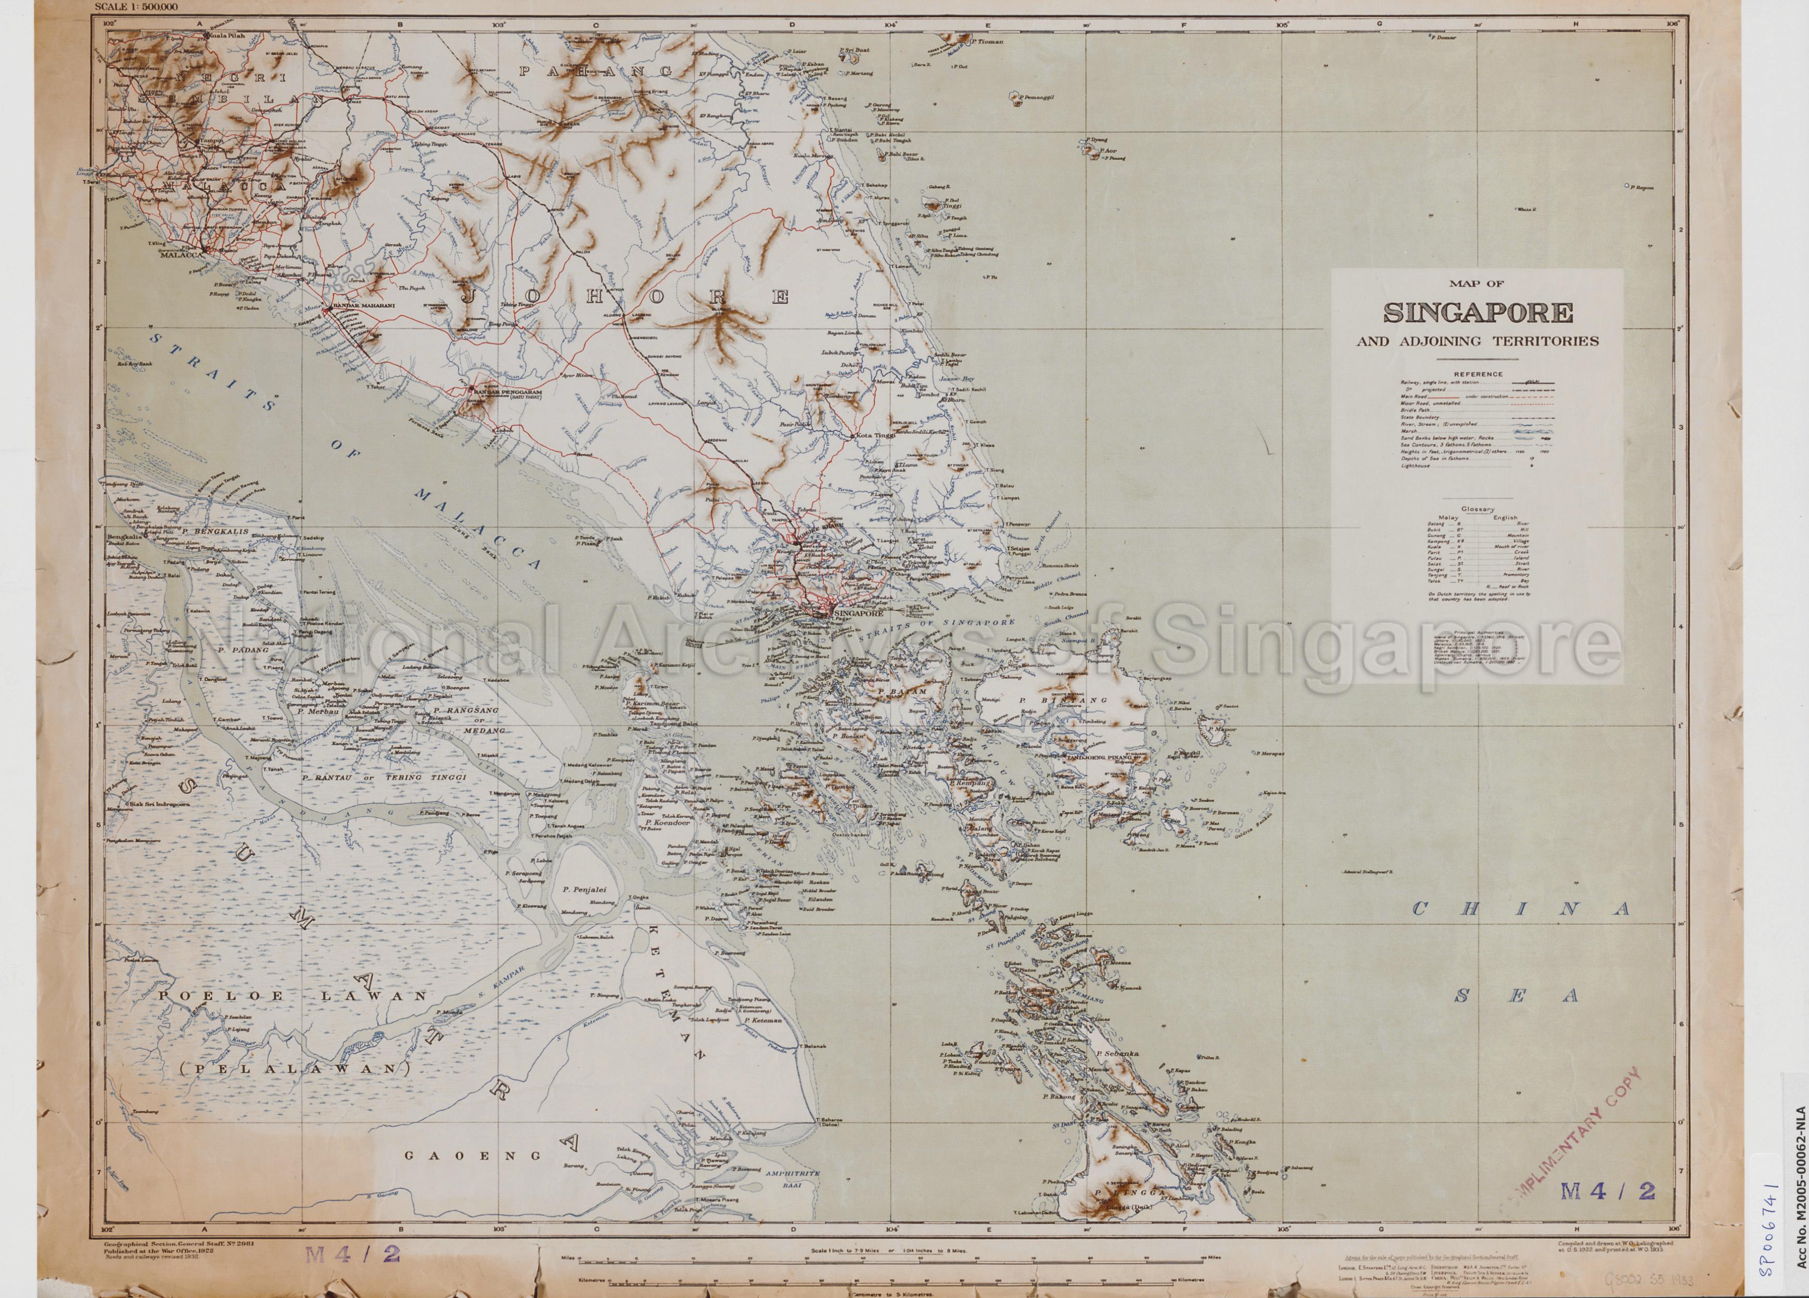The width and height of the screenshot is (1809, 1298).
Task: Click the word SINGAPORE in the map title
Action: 1477,313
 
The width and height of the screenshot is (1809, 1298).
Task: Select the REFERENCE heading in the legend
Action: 1477,374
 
